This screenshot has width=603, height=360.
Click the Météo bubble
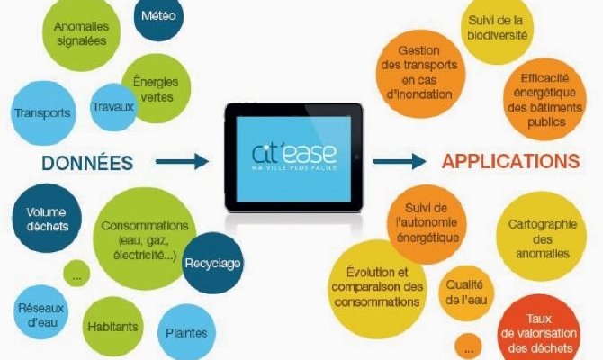158,16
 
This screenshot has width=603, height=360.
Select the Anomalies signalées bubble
81,33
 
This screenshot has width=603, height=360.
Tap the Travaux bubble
112,107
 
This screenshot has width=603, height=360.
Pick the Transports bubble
43,113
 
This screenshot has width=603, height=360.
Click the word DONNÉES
87,163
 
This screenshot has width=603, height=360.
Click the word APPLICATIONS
510,161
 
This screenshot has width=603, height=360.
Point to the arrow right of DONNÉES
183,161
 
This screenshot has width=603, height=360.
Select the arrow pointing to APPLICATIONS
400,161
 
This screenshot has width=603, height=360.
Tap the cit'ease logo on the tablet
294,156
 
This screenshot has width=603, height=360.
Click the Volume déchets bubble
47,218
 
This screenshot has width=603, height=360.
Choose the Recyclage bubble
212,263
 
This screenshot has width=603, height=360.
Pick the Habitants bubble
113,327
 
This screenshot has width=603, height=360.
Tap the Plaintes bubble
186,332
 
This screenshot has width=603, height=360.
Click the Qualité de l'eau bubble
466,293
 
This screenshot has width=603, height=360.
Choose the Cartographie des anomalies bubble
542,237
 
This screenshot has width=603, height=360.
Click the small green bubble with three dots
76,274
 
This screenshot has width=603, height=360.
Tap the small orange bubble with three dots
468,346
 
